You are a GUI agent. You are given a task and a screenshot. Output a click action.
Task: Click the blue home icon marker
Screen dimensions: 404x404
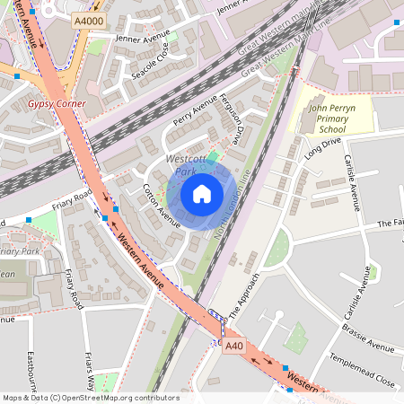[x=202, y=194]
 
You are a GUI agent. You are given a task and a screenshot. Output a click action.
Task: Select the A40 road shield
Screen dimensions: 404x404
[x=234, y=346]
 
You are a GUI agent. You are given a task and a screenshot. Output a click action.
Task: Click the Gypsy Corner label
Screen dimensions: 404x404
[x=57, y=104]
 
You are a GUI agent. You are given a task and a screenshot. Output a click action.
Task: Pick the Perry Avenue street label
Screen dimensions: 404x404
[x=196, y=112]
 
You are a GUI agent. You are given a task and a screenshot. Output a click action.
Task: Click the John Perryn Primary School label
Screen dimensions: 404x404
[x=333, y=118]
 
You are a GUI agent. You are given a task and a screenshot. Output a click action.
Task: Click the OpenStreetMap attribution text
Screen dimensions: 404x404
[x=90, y=398]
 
